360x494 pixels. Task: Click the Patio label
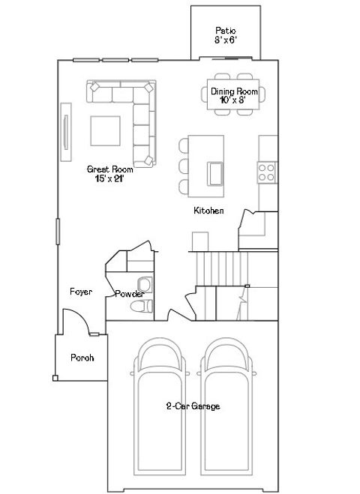[226, 34]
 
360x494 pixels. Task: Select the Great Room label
[109, 174]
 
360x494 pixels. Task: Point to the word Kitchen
[208, 211]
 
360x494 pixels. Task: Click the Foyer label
[81, 292]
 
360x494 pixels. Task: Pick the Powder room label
[129, 294]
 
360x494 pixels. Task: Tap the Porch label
[82, 358]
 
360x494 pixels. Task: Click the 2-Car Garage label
[193, 406]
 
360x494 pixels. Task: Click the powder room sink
[145, 283]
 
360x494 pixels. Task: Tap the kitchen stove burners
[267, 173]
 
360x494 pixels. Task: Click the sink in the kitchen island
[215, 173]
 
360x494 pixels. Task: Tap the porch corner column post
[54, 378]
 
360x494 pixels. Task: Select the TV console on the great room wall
[65, 132]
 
